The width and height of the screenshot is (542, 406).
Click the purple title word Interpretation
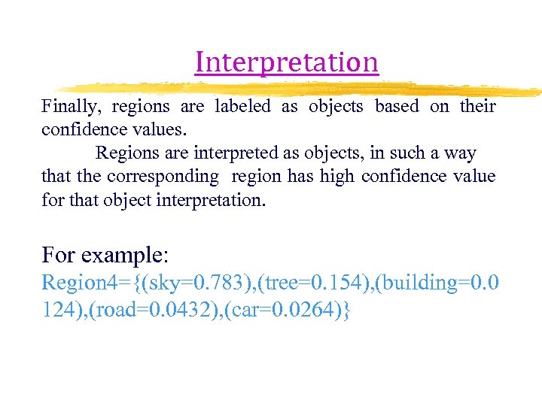tap(286, 62)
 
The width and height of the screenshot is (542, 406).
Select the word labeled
tap(242, 107)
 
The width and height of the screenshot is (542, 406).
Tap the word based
tap(396, 107)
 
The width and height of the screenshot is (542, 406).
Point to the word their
tap(477, 107)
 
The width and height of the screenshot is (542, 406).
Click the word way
tap(460, 153)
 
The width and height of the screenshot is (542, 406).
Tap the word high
tap(336, 177)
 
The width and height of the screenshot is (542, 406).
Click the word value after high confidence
tap(474, 177)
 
